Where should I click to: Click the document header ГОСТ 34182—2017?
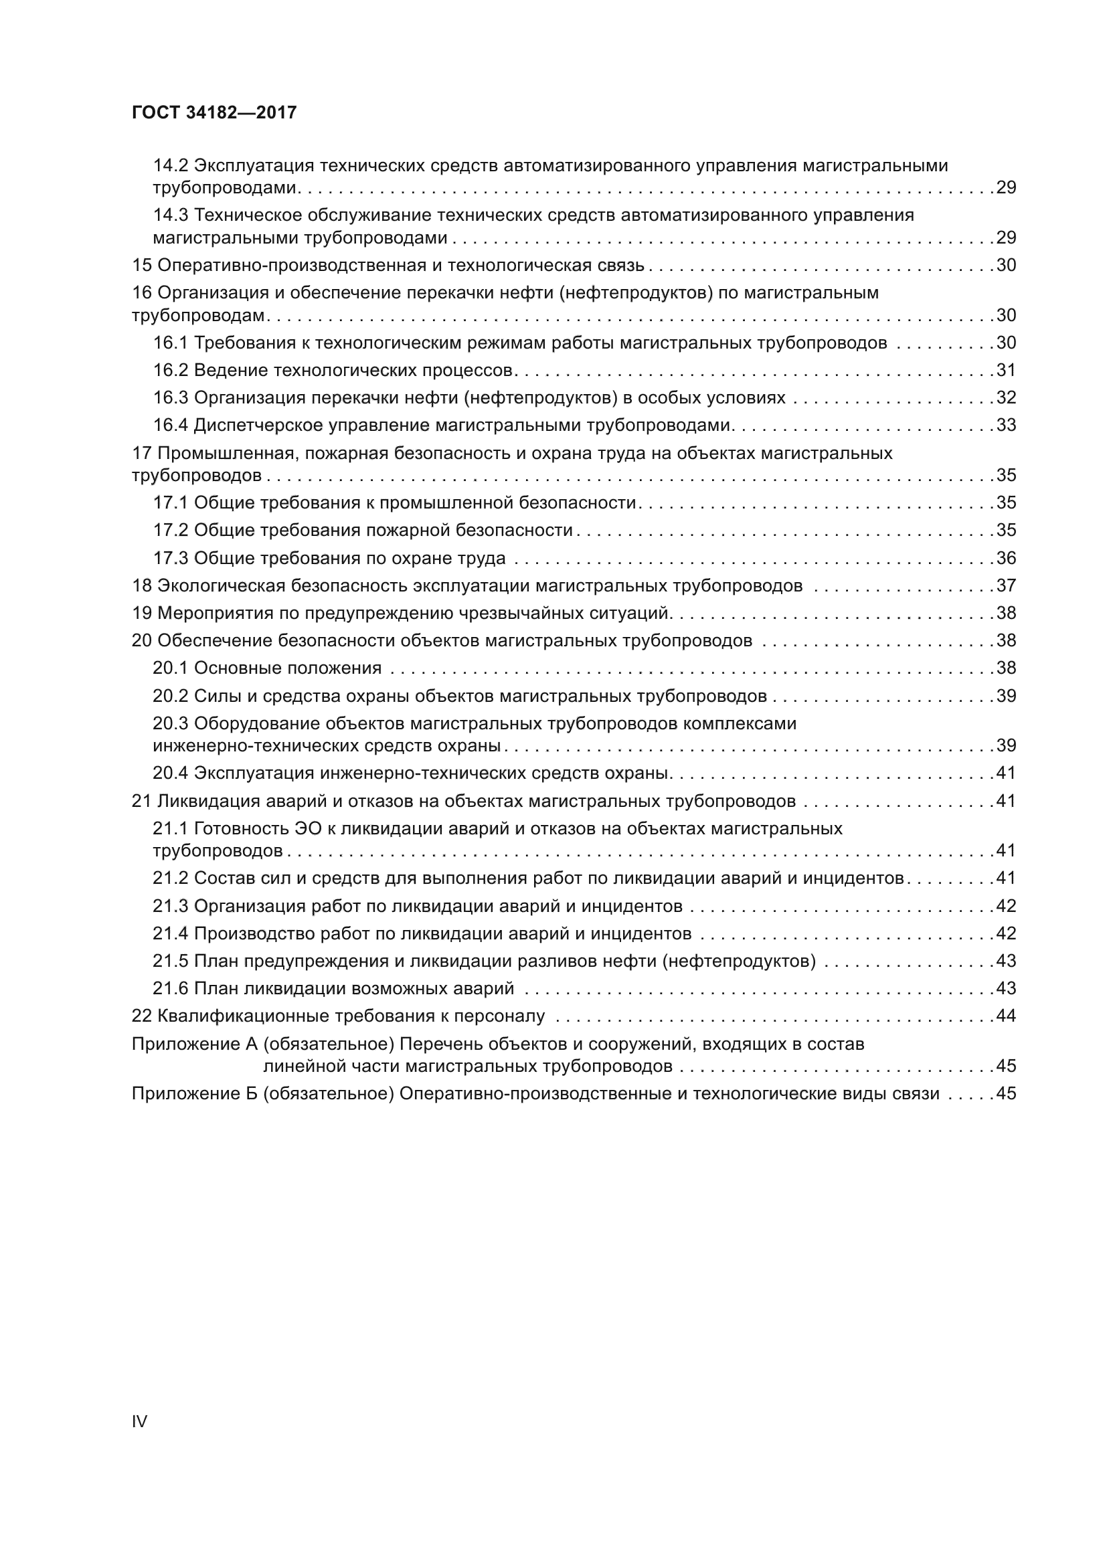pos(214,112)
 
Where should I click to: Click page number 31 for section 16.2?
pos(1006,370)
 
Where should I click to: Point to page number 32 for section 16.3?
pos(1006,397)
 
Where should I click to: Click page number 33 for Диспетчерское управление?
pos(1006,425)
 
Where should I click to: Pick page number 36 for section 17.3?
pos(1006,558)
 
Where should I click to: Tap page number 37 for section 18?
pos(1006,585)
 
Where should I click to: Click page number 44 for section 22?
pos(1006,1016)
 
